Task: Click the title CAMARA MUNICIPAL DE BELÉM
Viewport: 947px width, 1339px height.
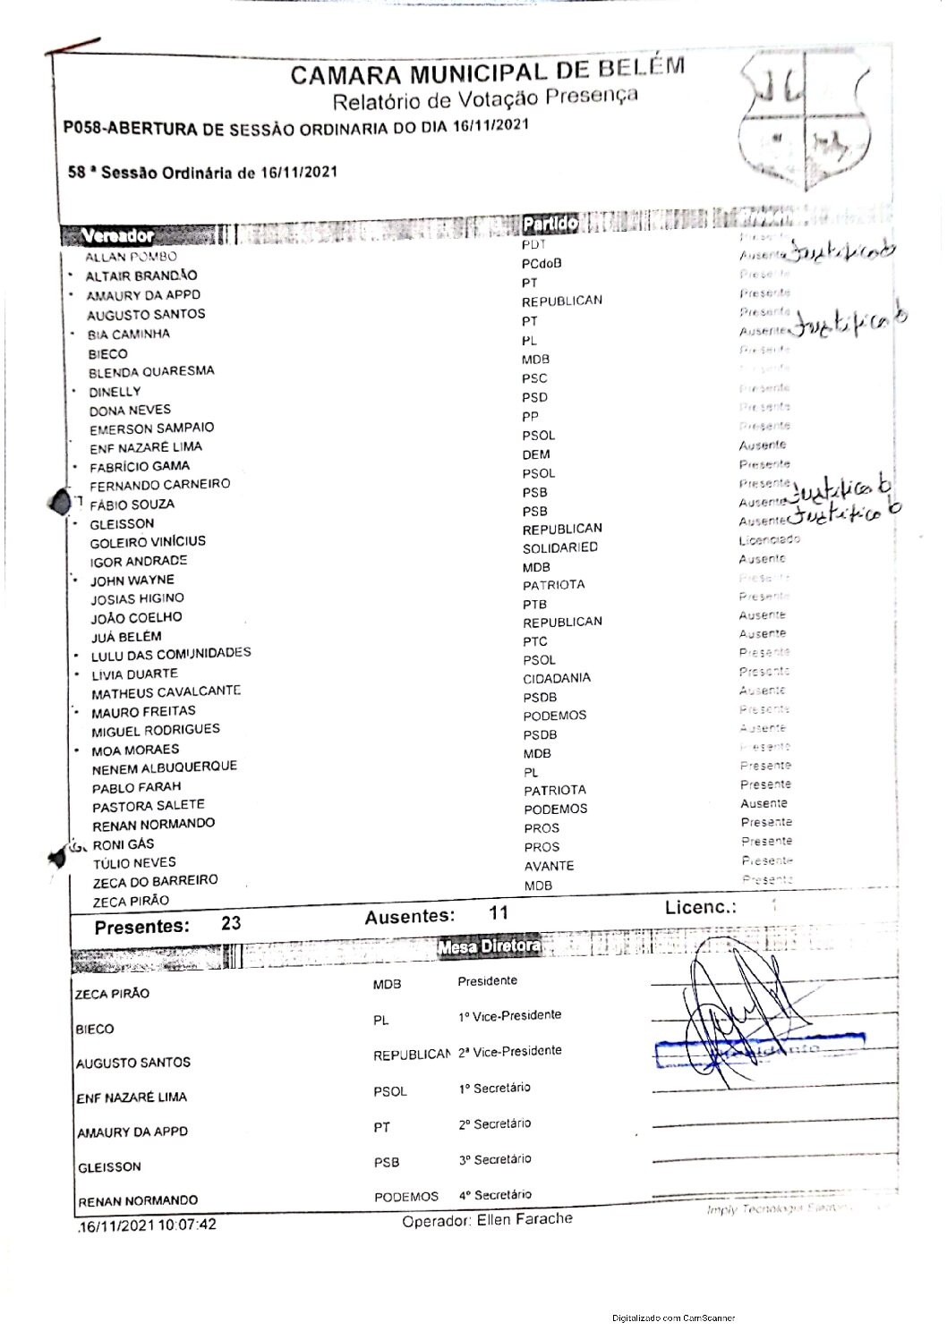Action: (488, 72)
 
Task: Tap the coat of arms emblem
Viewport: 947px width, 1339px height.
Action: (805, 119)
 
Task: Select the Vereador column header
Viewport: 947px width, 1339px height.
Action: (117, 236)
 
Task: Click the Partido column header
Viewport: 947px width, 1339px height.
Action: (550, 224)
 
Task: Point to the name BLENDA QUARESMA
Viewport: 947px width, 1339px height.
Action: (151, 372)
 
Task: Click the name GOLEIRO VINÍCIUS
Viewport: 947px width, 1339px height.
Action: (148, 542)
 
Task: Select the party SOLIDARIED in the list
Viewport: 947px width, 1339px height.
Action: (560, 547)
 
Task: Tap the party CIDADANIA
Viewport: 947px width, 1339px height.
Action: (557, 678)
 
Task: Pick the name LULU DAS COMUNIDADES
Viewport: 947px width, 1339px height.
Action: (171, 654)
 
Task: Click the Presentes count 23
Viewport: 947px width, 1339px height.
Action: (231, 923)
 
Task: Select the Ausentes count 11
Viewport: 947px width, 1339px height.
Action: (499, 913)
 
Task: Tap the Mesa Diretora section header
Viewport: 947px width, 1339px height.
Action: (490, 945)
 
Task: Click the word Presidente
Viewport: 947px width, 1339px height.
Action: (488, 981)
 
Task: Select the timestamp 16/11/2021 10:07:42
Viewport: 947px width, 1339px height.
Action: (148, 1225)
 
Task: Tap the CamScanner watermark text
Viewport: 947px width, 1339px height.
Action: (674, 1318)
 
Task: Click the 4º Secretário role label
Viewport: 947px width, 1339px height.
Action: (495, 1195)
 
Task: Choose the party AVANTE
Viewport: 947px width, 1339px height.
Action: (550, 866)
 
